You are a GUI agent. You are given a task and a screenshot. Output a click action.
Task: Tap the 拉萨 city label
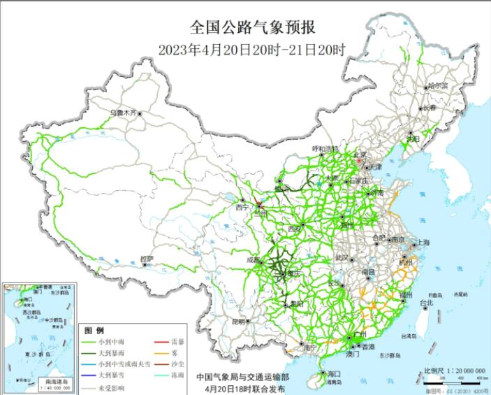146,259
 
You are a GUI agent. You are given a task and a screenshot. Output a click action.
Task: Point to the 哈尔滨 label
437,85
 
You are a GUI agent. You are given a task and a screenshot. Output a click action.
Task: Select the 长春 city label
428,108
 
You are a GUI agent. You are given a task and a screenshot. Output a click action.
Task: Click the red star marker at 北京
360,161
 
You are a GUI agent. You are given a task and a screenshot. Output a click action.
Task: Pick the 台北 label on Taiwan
426,303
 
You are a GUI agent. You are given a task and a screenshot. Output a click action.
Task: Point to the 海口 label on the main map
333,374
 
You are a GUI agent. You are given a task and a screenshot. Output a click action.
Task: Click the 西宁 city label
242,207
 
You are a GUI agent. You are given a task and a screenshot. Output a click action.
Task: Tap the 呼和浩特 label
325,149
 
